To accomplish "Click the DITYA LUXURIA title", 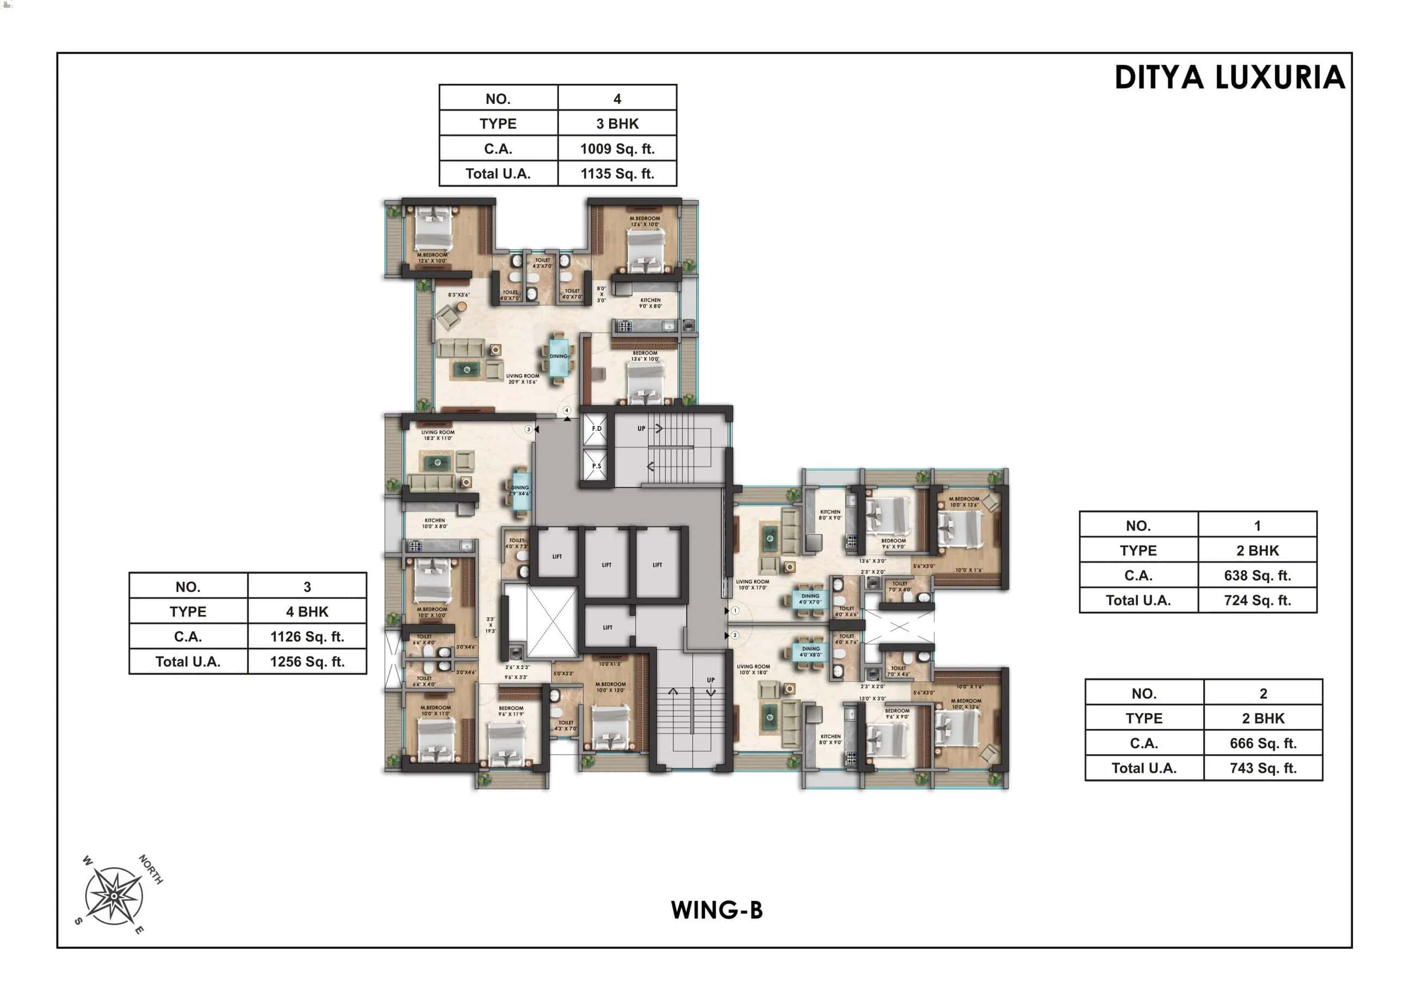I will (1229, 78).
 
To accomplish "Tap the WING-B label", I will (716, 910).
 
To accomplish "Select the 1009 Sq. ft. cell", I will (617, 149).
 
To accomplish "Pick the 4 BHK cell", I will (307, 612).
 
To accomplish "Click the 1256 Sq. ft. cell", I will (307, 662).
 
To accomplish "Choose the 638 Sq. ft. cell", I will (1257, 576).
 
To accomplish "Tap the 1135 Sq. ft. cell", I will (617, 174).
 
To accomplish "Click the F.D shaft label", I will (596, 429).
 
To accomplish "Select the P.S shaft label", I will (596, 466).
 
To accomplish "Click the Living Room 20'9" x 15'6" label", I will (522, 379).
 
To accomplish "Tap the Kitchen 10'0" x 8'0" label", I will (434, 523).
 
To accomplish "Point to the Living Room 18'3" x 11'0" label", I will (438, 435).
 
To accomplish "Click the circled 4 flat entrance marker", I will (567, 410).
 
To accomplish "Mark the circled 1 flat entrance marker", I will (735, 610).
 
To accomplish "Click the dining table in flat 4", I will (559, 357).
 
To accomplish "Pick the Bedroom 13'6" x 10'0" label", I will (645, 356).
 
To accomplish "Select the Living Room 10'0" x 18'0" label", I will (753, 669).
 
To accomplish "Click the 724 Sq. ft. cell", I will (1257, 601).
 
